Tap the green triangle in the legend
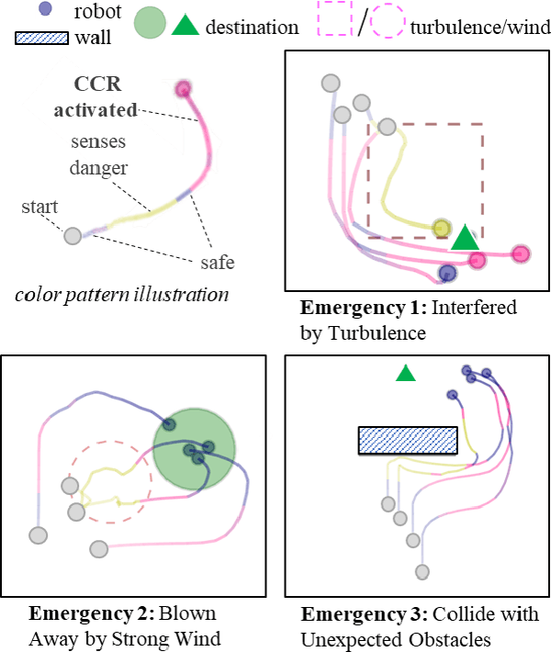point(186,25)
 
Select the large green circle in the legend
point(150,25)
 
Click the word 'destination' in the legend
point(253,27)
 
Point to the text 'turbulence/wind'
point(480,27)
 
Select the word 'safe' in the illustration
point(218,263)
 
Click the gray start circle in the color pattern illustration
point(73,236)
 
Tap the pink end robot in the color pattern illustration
point(183,89)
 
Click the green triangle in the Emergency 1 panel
point(466,238)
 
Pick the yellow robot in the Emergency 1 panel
point(442,228)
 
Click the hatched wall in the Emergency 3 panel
point(408,441)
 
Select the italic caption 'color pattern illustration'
point(122,294)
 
